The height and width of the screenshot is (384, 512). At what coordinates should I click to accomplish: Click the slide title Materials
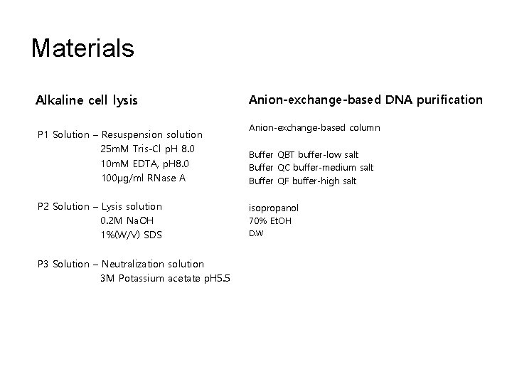coord(82,48)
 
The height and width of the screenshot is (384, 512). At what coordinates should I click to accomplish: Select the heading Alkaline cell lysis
coord(87,100)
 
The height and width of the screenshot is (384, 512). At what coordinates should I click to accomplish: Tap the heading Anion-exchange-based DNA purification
coord(365,100)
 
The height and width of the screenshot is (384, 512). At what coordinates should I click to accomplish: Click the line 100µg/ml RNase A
coord(143,177)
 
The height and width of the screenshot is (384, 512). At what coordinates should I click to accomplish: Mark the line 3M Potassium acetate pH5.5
coord(166,278)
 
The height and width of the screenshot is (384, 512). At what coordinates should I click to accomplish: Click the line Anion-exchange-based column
coord(314,128)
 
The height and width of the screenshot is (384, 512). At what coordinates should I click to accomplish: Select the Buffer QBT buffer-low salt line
coord(303,154)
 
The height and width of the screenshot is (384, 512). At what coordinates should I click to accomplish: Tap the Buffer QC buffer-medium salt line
coord(310,167)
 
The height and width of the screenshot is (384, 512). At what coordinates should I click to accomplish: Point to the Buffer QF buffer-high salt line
coord(302,181)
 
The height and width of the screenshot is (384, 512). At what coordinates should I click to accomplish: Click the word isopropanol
coord(273,208)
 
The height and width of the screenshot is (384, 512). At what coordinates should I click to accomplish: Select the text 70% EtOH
coord(270,221)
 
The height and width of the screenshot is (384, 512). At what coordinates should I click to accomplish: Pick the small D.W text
coord(255,233)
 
